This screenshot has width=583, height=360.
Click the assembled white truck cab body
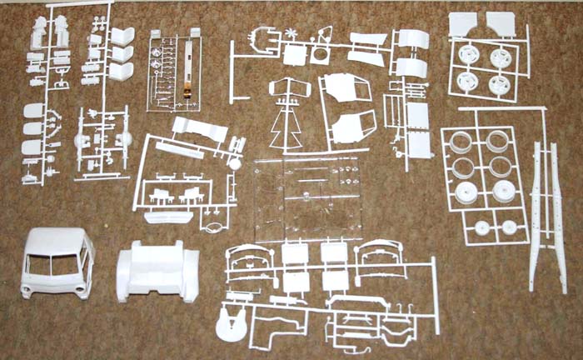57,261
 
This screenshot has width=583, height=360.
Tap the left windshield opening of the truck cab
40,265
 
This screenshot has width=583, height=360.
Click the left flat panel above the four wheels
462,24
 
